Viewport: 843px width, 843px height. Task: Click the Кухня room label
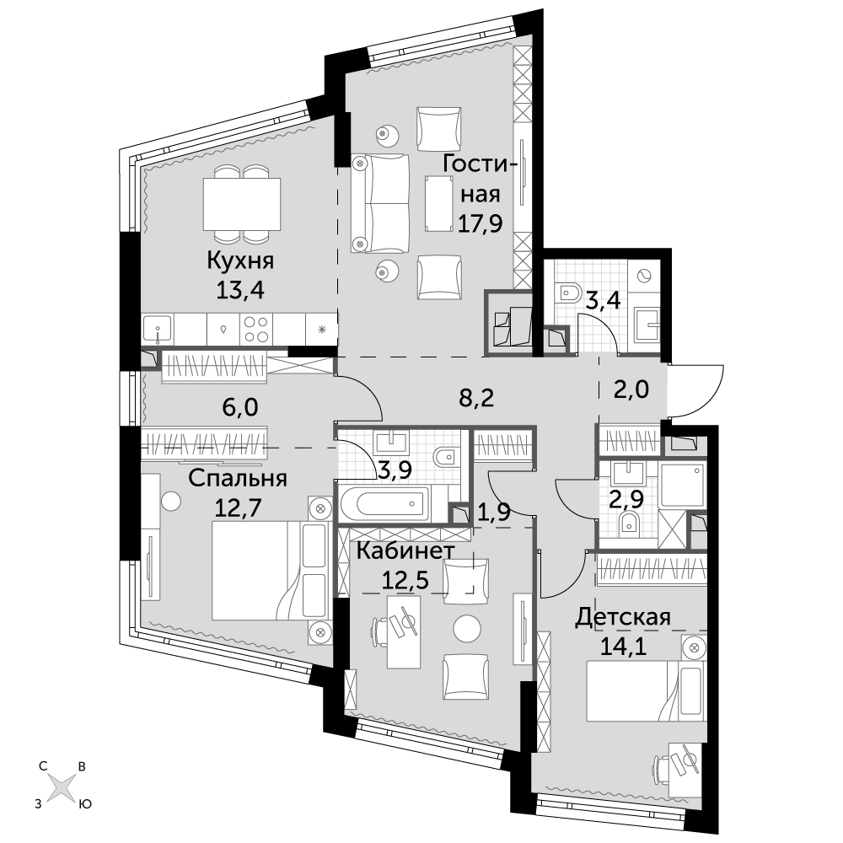[240, 261]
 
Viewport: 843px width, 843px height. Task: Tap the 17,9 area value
[481, 222]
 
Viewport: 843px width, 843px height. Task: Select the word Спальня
[238, 478]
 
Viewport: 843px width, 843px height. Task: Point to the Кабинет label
[405, 551]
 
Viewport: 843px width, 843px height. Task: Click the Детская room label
[623, 617]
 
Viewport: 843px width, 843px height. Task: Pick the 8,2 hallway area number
[474, 399]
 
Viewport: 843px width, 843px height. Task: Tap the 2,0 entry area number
[631, 388]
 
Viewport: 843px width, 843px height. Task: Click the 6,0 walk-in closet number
[239, 407]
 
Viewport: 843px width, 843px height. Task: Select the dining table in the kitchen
[242, 204]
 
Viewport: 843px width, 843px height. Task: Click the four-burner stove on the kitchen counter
[256, 329]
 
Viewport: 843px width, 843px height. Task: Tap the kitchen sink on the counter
[158, 329]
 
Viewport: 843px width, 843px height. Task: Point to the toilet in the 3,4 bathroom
[567, 293]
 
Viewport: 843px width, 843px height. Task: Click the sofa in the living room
[379, 202]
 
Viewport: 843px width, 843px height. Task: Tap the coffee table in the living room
[438, 204]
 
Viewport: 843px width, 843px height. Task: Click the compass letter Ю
[85, 804]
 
